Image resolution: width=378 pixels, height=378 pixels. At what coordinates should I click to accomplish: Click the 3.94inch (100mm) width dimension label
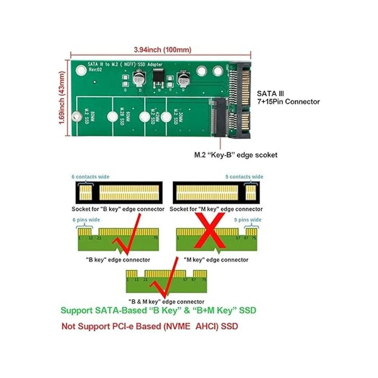point(162,49)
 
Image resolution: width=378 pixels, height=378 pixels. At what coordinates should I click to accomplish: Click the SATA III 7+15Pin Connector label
point(288,98)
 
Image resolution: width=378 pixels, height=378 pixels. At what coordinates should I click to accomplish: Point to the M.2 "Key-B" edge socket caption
point(236,155)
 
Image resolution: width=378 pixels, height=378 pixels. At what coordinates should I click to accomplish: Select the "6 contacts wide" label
point(90,177)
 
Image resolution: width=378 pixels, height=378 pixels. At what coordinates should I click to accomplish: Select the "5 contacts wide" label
point(244,177)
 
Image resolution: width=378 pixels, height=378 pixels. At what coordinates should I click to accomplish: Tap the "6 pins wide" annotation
point(86,220)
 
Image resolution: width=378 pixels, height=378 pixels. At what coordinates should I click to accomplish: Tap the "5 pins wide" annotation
point(248,220)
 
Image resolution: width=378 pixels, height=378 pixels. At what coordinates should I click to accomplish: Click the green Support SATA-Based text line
point(158,310)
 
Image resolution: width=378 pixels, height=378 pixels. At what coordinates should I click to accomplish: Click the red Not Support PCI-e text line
point(150,326)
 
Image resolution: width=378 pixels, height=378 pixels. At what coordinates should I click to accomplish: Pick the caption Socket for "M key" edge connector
point(216,209)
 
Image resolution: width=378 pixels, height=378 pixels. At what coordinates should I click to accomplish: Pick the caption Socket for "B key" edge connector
point(118,209)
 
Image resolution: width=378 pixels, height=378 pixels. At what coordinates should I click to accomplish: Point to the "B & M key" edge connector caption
point(166,301)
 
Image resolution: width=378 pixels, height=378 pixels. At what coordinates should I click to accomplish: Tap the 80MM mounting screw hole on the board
point(76,116)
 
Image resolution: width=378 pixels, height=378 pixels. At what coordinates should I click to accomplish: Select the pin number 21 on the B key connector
point(99,238)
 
